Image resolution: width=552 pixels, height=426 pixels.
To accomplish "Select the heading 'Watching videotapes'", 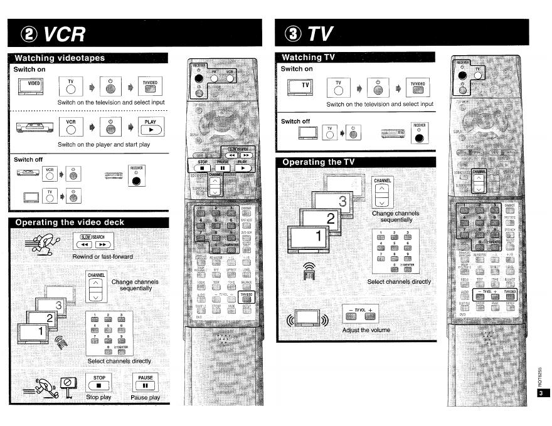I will pyautogui.click(x=60, y=58).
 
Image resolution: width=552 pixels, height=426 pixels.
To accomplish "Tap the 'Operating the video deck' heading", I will pyautogui.click(x=70, y=222).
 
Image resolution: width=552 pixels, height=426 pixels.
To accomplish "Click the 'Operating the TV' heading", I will pyautogui.click(x=319, y=162).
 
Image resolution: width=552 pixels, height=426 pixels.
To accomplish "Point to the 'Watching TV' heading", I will pyautogui.click(x=309, y=57).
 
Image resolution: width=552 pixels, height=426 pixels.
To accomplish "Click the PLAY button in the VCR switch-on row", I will pyautogui.click(x=151, y=126).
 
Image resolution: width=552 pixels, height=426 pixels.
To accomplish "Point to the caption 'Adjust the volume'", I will pyautogui.click(x=366, y=330).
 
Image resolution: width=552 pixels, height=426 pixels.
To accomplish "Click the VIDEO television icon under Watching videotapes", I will pyautogui.click(x=34, y=85).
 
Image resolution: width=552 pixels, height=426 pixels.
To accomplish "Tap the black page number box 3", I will pyautogui.click(x=543, y=393).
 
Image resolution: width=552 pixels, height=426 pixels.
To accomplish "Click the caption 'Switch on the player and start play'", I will pyautogui.click(x=103, y=145).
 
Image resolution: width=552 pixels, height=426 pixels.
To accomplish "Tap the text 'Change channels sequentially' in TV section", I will pyautogui.click(x=396, y=217).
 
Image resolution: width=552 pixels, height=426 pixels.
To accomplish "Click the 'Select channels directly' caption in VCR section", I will pyautogui.click(x=119, y=361).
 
